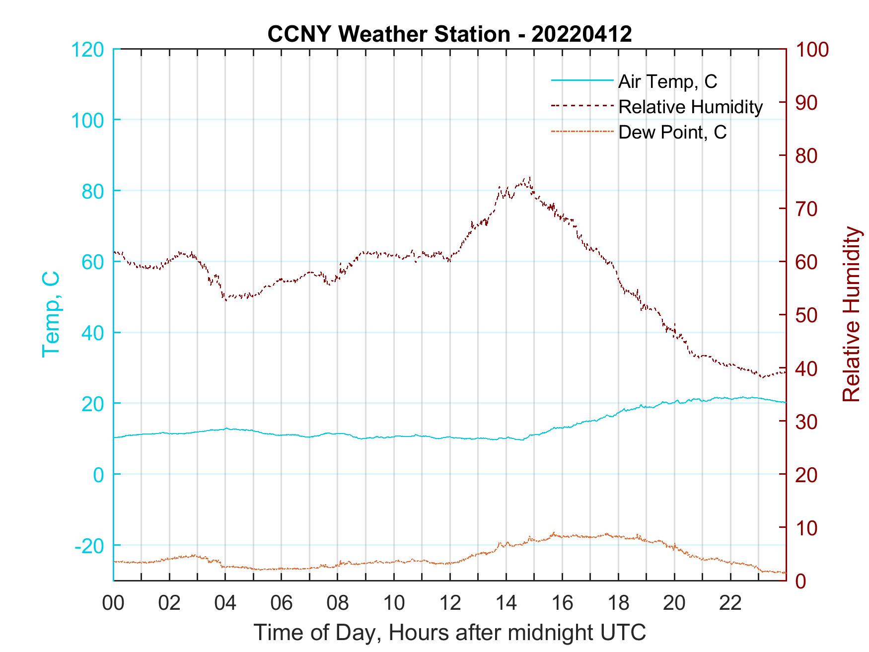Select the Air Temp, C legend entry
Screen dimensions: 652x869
coord(667,81)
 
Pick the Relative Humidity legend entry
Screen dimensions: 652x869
coord(690,107)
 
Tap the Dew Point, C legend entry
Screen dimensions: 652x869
coord(672,132)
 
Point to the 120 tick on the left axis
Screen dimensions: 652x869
coord(88,50)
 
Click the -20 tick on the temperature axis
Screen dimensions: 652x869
coord(89,546)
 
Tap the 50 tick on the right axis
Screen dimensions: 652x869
coord(807,315)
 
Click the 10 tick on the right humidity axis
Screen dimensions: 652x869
coord(807,528)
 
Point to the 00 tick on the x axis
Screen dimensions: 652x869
coord(114,603)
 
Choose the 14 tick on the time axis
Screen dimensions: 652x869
coord(506,603)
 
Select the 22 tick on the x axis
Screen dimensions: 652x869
coord(730,603)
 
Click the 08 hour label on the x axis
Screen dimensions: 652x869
coord(338,603)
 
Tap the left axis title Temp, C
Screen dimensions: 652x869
coord(51,314)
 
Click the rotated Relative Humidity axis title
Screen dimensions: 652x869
coord(851,314)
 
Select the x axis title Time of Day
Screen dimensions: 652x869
coord(449,633)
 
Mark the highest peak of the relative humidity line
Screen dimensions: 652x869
coord(530,177)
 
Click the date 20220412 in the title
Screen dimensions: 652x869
coord(581,34)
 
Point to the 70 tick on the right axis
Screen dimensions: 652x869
coord(807,209)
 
